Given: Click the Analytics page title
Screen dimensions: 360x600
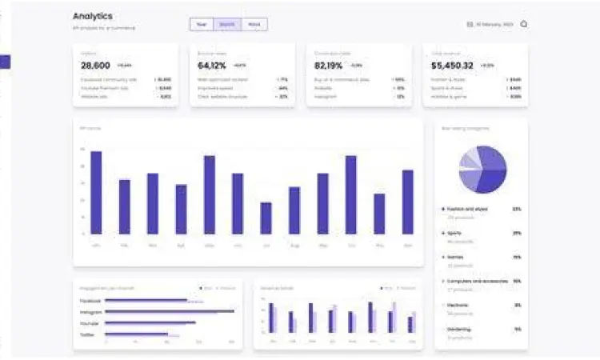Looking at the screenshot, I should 93,16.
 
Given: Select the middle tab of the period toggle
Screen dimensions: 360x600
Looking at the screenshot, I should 227,25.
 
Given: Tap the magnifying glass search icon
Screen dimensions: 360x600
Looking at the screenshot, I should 524,24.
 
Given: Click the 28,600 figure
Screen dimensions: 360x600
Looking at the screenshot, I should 95,66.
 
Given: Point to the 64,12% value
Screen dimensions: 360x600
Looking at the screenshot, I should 212,66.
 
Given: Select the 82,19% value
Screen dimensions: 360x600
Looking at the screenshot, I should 329,66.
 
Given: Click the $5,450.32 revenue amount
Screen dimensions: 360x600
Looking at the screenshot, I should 452,66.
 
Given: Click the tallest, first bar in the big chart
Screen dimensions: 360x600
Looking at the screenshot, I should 96,192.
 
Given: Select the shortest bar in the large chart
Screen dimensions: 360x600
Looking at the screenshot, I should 266,218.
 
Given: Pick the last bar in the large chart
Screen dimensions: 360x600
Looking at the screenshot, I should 408,202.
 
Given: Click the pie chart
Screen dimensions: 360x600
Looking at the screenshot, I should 483,170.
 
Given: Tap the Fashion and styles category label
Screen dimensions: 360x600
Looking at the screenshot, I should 467,209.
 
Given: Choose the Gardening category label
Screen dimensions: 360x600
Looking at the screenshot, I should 459,329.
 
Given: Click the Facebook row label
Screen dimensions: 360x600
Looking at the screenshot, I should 90,301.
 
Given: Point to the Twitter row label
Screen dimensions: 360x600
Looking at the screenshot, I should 87,334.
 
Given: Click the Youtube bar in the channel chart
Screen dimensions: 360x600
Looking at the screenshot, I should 150,323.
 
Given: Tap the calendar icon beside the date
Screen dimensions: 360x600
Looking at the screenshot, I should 470,25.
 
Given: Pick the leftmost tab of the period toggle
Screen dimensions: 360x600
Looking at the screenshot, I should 202,25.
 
